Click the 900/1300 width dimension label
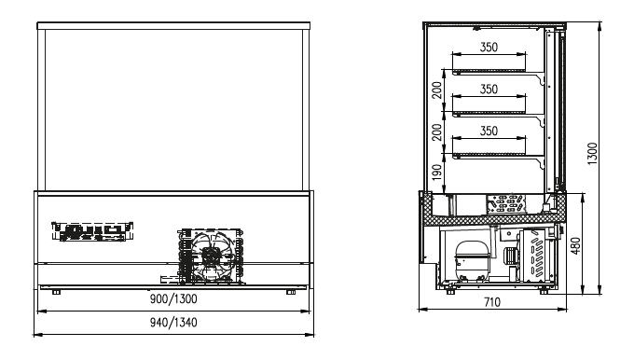click(173, 299)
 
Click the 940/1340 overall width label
click(173, 323)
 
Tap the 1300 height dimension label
click(592, 153)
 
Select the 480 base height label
click(575, 245)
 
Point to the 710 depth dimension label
click(492, 302)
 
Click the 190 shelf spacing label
click(437, 173)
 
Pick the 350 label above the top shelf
click(489, 48)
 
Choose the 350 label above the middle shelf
click(489, 89)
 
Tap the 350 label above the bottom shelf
click(489, 131)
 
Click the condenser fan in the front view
click(212, 256)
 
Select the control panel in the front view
click(92, 231)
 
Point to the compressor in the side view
click(472, 260)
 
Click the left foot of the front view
click(56, 292)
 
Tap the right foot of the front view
click(291, 292)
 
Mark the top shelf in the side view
click(498, 73)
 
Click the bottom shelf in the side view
click(498, 156)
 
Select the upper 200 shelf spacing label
click(437, 90)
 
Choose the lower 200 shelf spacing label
click(437, 132)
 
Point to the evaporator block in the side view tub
click(506, 204)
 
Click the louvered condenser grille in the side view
click(536, 256)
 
